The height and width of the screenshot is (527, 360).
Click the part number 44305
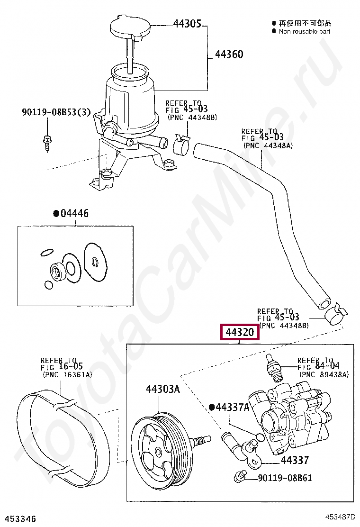[187, 23]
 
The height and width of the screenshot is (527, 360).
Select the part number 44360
[229, 55]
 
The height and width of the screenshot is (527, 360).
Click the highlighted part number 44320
[240, 333]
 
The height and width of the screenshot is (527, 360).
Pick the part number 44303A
[162, 389]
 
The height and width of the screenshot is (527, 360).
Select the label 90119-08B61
[285, 478]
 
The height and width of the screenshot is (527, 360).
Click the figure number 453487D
[341, 518]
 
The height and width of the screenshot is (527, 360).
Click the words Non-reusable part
[304, 31]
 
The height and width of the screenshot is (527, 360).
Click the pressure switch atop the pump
[273, 366]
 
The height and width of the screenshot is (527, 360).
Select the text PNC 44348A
[268, 145]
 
